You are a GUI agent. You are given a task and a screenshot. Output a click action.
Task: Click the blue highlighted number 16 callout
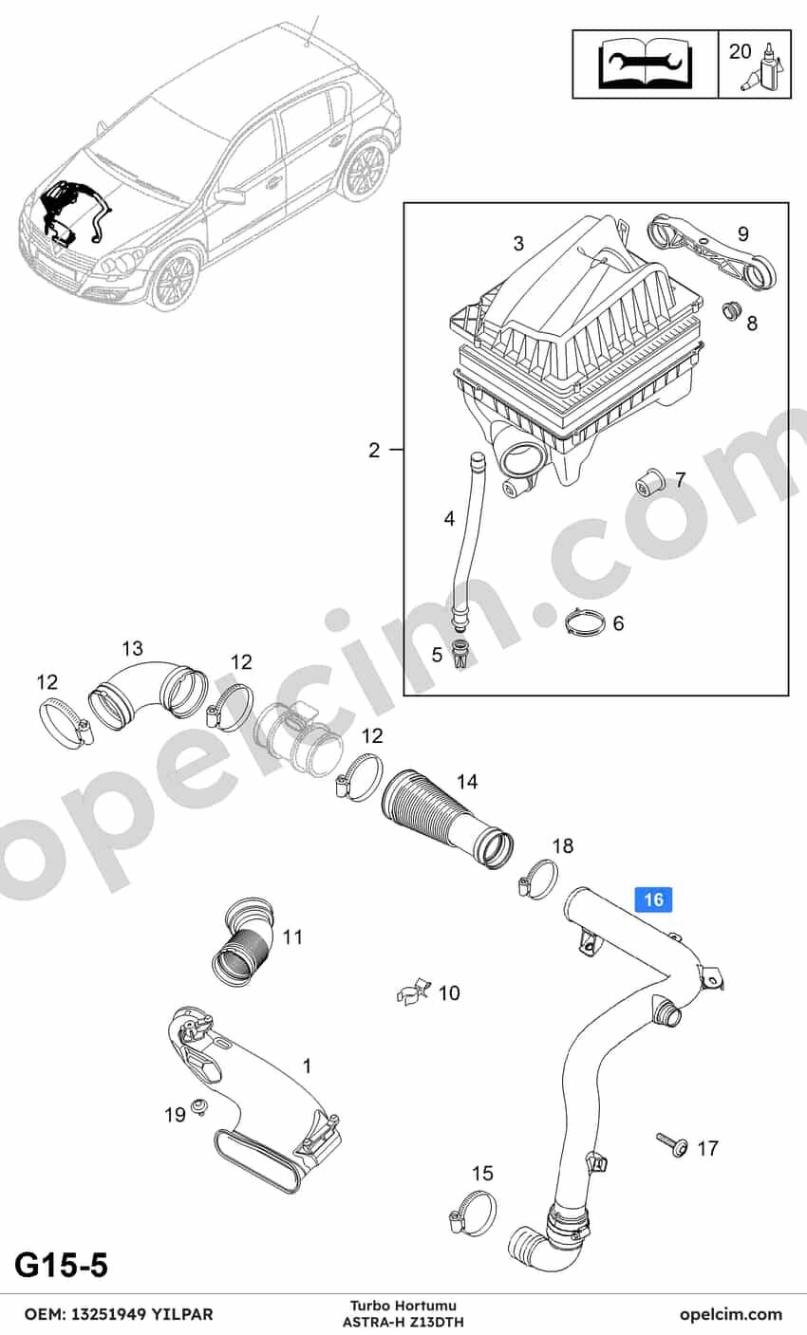[x=654, y=899]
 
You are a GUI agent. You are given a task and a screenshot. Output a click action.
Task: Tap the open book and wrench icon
[x=646, y=64]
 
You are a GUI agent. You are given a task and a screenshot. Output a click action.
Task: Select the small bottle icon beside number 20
[x=766, y=66]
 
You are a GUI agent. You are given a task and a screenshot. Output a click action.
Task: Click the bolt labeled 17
[x=673, y=1144]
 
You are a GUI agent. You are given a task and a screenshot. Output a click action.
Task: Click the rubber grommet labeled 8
[x=731, y=311]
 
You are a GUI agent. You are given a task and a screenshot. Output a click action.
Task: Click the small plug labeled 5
[x=460, y=653]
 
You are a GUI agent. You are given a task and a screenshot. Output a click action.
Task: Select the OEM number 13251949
[x=110, y=1314]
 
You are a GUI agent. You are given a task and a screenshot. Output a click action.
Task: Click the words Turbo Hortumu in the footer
[x=403, y=1307]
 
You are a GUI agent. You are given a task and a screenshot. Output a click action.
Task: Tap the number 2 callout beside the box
[x=374, y=450]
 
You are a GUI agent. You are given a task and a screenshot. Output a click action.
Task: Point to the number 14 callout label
[x=468, y=781]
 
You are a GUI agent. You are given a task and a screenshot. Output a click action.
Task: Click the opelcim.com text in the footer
[x=731, y=1314]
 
